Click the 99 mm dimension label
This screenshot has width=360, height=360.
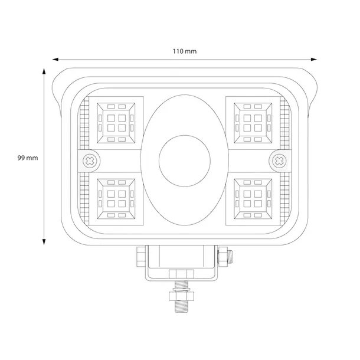tap(28, 158)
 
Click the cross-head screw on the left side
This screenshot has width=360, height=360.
tap(90, 159)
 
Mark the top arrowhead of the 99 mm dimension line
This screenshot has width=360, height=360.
tap(44, 71)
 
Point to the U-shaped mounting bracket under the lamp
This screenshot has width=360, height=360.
tap(182, 263)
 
